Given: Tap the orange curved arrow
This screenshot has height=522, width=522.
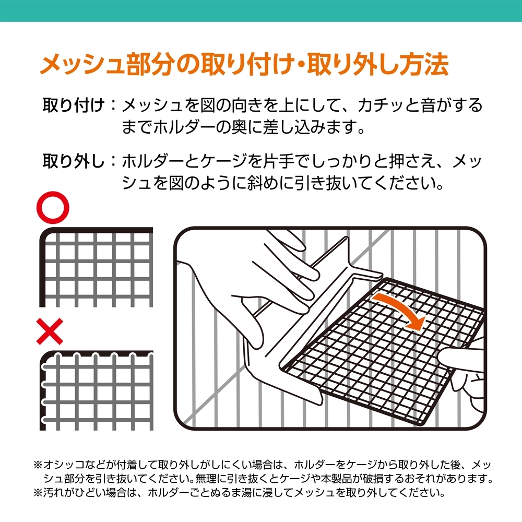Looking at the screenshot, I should pos(400,310).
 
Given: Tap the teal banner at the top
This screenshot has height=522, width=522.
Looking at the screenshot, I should pos(261,10).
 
